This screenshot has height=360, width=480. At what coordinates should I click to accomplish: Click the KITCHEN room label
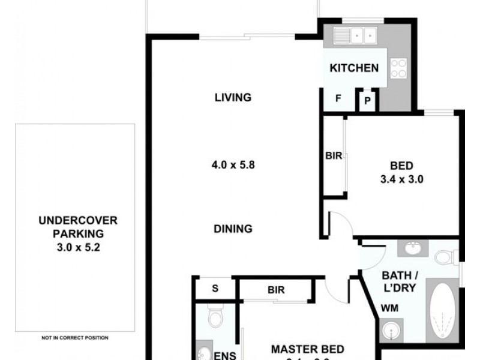click(x=354, y=68)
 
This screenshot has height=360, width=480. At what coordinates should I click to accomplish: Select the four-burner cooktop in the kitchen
click(x=398, y=68)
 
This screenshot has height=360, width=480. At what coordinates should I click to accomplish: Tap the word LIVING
click(x=232, y=98)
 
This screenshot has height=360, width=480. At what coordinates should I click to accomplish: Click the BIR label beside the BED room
click(x=334, y=156)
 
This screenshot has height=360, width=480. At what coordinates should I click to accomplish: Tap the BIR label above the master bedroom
click(x=276, y=290)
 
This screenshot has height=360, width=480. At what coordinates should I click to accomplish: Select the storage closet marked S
click(x=215, y=288)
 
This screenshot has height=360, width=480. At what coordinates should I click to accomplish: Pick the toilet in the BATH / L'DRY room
click(x=443, y=257)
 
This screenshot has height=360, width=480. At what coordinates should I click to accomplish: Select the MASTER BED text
click(x=307, y=349)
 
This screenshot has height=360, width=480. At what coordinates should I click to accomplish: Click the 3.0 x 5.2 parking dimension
click(x=75, y=245)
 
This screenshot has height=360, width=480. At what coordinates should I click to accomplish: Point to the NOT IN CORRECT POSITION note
click(x=75, y=337)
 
